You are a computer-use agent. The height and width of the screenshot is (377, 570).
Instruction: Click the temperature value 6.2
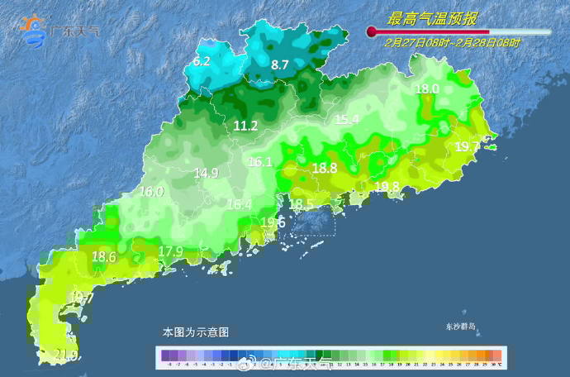(x=202, y=61)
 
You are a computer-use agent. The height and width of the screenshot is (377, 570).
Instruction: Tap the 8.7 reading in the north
(x=279, y=64)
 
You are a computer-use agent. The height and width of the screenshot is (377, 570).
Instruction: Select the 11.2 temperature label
(x=245, y=126)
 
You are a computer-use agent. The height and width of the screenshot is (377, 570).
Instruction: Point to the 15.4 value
(x=347, y=119)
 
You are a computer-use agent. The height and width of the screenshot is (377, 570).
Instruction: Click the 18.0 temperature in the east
(x=427, y=88)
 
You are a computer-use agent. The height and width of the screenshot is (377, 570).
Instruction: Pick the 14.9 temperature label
(x=206, y=173)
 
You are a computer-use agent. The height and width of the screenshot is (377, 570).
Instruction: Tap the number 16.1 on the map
(x=260, y=162)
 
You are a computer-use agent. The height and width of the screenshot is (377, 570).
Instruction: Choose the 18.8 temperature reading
(x=325, y=168)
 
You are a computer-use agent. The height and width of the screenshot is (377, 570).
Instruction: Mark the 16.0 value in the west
(x=151, y=191)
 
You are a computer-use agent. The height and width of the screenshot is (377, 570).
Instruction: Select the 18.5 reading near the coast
(x=301, y=203)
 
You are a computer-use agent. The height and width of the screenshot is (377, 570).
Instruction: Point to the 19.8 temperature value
(x=387, y=186)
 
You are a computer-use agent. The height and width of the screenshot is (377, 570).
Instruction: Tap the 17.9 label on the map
(x=170, y=251)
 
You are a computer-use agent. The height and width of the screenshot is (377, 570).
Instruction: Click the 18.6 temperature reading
(x=103, y=257)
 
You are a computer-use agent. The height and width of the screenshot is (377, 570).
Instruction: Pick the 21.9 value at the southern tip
(x=66, y=356)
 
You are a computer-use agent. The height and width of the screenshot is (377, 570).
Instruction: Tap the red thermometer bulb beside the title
(x=372, y=32)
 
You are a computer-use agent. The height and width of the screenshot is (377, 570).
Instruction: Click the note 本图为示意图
(x=195, y=332)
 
